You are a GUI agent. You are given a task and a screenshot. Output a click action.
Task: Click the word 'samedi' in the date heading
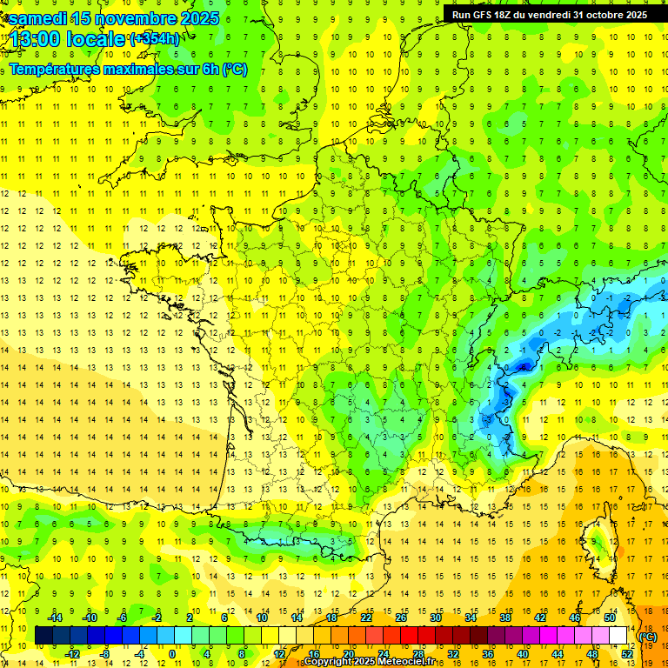tap(36, 17)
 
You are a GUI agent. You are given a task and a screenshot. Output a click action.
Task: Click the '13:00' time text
tap(36, 39)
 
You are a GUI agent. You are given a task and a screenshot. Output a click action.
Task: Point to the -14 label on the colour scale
tap(57, 617)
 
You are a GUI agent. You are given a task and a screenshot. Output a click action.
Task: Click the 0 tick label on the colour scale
tap(171, 654)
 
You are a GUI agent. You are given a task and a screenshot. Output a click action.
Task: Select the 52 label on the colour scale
tap(626, 654)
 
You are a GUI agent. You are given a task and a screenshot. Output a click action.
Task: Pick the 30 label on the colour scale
tap(435, 617)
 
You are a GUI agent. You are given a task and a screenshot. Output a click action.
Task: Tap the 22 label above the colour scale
tap(366, 617)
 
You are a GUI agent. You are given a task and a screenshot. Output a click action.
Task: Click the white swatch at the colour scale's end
tap(618, 636)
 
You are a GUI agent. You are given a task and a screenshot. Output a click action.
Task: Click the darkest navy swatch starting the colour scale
tap(43, 636)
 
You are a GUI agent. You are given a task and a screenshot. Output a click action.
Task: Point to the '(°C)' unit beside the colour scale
tap(647, 636)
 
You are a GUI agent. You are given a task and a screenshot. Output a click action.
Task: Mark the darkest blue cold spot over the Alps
tap(523, 367)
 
